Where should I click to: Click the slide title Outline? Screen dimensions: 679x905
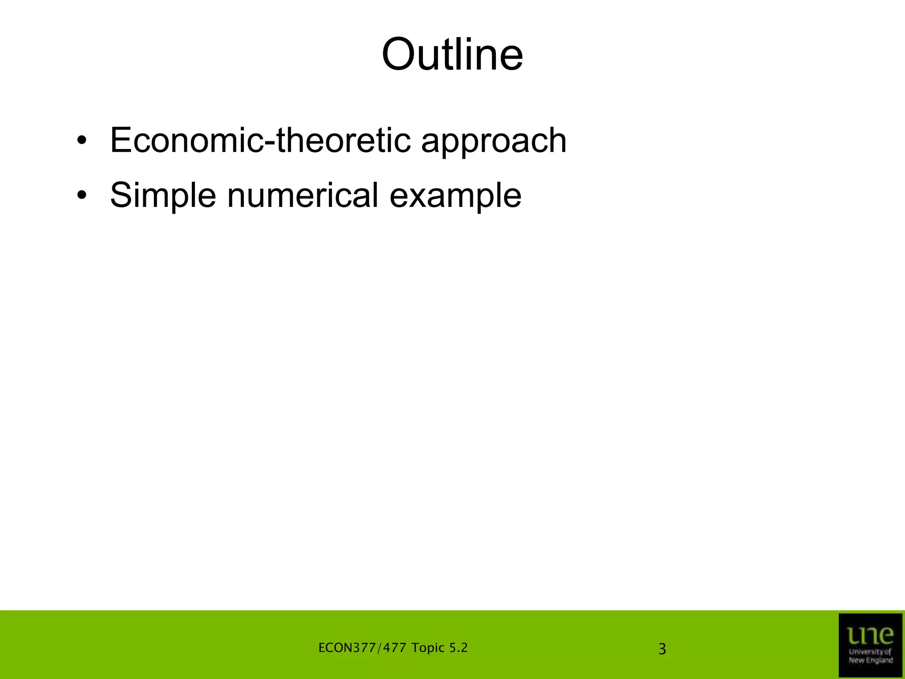click(x=452, y=55)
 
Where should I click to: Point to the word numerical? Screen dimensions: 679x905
click(x=303, y=195)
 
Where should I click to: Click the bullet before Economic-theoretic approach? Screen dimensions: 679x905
click(x=81, y=141)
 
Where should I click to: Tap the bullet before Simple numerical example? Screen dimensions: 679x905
click(x=81, y=196)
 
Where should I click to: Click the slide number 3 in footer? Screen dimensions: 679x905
click(x=662, y=649)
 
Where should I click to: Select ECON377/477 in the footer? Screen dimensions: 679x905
click(x=362, y=648)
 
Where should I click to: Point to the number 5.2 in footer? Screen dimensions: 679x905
click(x=458, y=648)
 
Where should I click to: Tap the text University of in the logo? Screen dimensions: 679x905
click(x=870, y=652)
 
